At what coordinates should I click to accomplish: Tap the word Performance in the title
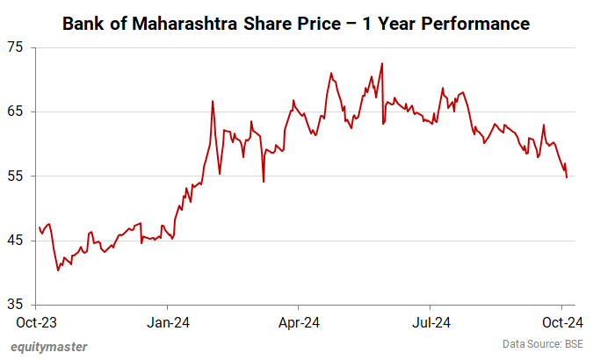475,24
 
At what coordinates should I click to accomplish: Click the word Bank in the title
84,24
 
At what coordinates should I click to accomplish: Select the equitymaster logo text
48,346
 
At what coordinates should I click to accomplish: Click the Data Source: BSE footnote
542,343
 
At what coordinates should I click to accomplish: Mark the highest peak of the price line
382,63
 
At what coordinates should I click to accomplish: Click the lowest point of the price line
58,270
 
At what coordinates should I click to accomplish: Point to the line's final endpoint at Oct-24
567,177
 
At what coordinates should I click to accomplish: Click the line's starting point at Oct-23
40,227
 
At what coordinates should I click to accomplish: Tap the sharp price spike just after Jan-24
213,101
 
